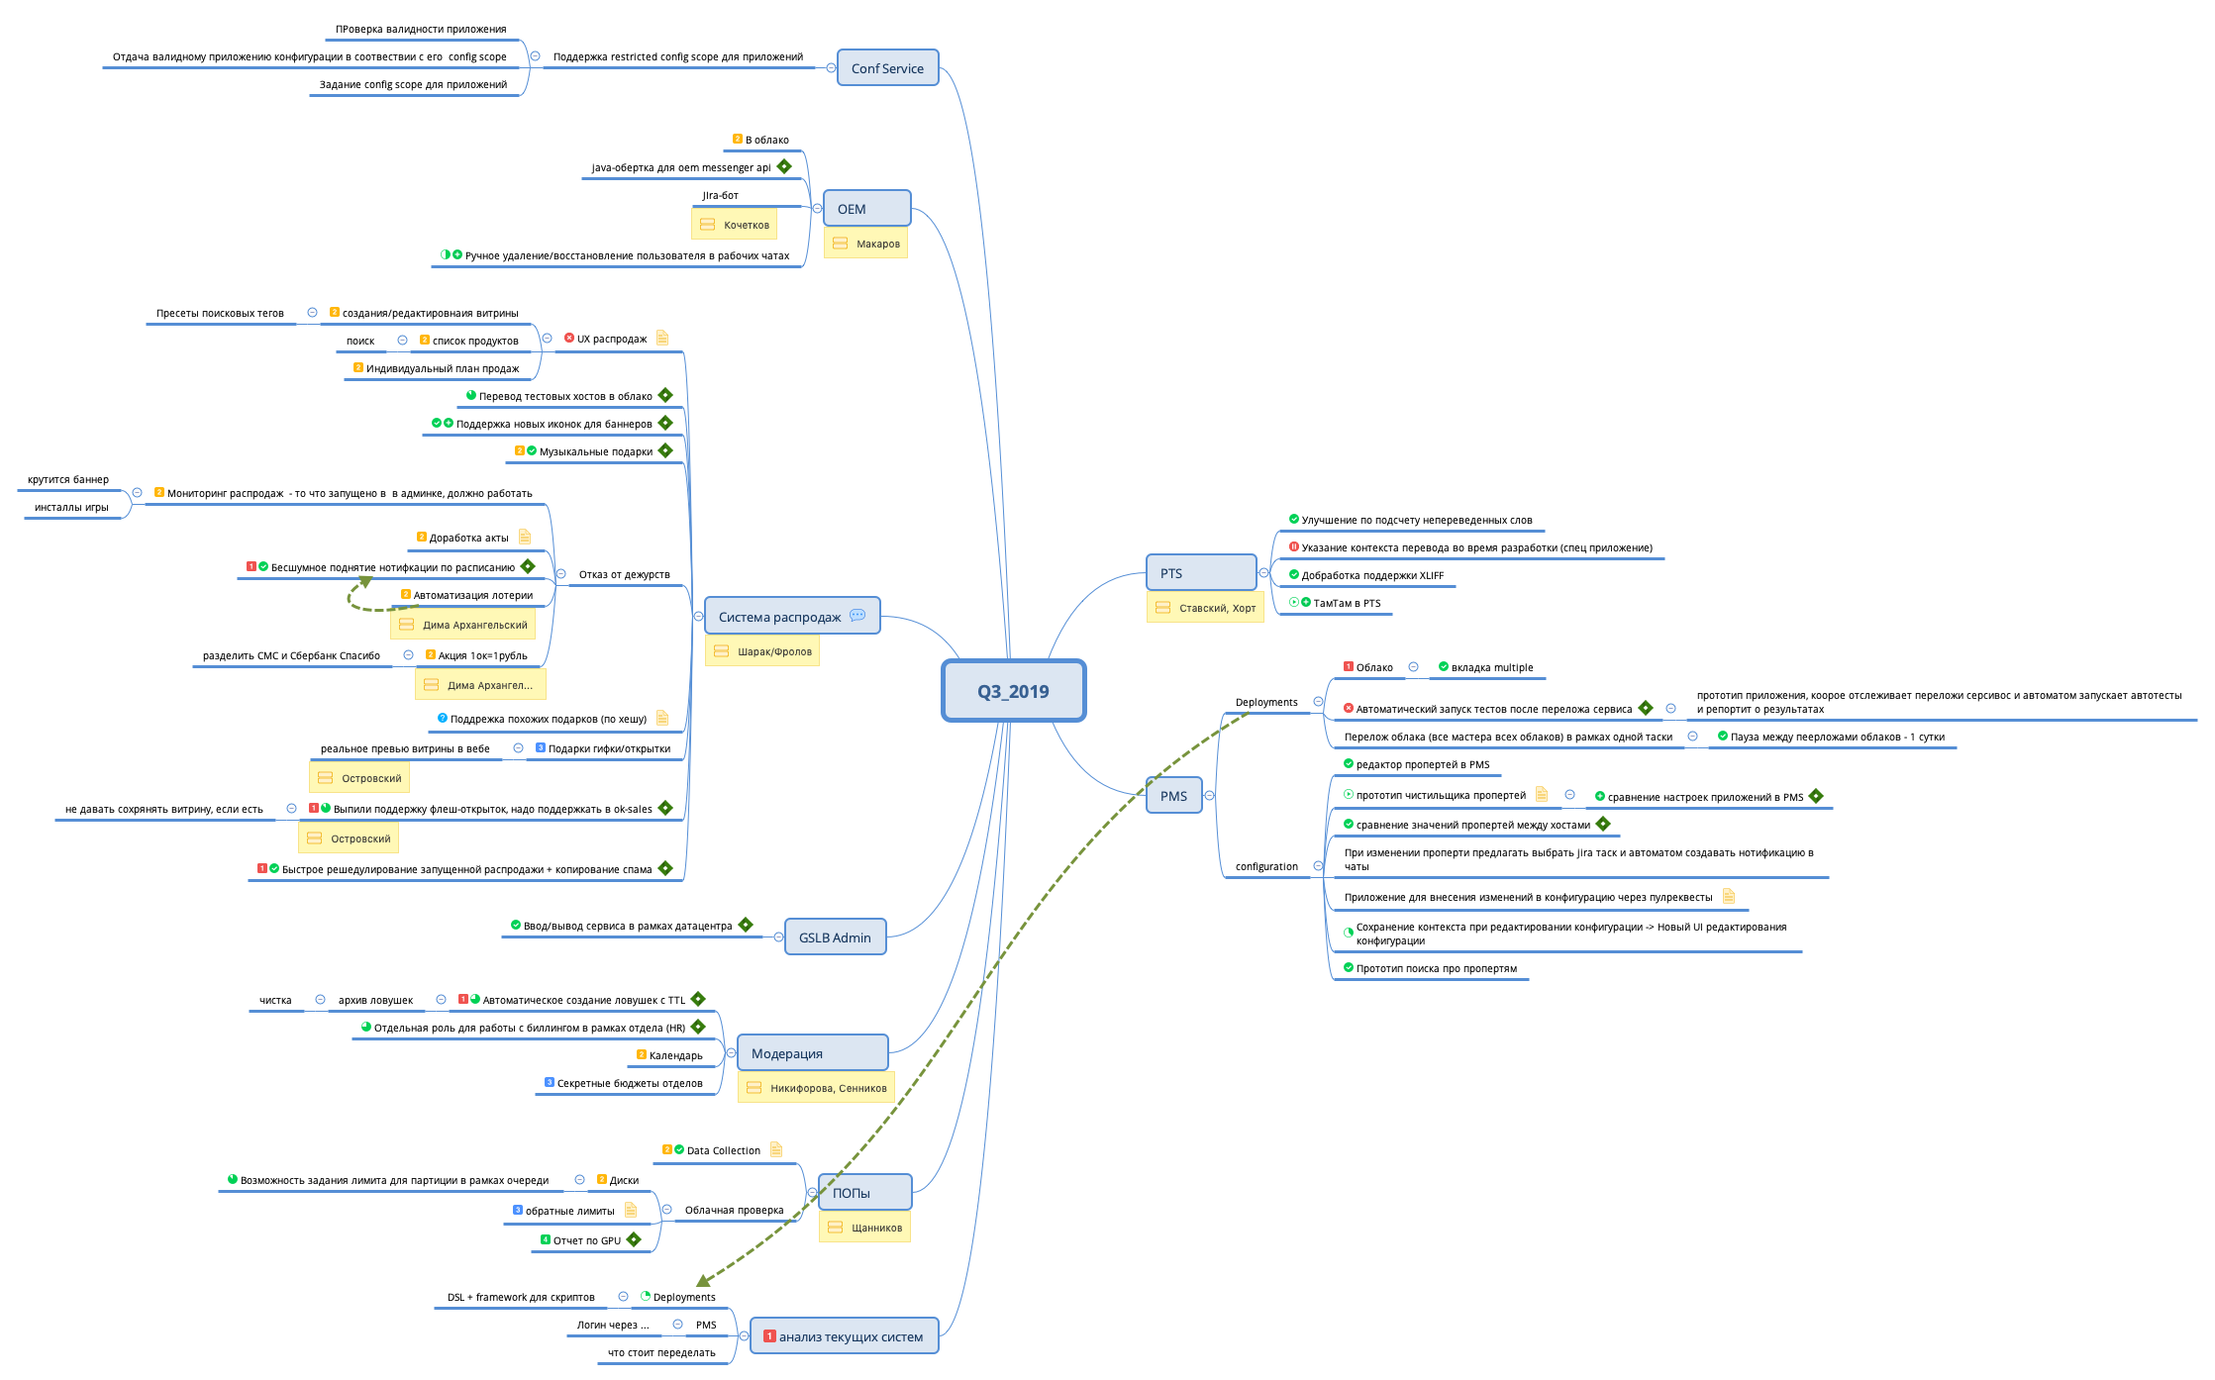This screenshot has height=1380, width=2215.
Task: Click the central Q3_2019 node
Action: click(1013, 691)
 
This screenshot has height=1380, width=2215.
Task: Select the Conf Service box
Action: click(887, 68)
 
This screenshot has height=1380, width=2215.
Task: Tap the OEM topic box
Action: click(866, 209)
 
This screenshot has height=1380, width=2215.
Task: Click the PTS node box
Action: click(1201, 573)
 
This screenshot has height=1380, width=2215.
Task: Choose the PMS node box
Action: click(1173, 796)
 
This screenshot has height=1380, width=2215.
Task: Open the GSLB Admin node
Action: click(835, 937)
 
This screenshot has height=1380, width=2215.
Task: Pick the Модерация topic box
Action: click(812, 1053)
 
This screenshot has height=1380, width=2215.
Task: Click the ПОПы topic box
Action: click(864, 1193)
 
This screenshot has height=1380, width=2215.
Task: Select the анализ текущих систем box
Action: click(844, 1336)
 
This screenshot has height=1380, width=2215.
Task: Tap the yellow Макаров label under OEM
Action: click(866, 244)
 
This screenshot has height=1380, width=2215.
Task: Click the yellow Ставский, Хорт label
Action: click(1205, 608)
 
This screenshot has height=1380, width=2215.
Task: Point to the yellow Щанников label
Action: click(864, 1228)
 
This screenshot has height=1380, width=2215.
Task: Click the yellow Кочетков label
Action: click(734, 225)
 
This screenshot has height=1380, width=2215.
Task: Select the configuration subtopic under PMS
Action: click(1266, 866)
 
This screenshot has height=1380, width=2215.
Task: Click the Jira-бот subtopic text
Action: click(720, 195)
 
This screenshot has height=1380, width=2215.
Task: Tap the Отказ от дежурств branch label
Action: click(624, 574)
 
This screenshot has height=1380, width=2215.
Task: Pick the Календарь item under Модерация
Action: click(675, 1055)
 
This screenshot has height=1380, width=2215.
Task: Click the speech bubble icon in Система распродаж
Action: click(857, 616)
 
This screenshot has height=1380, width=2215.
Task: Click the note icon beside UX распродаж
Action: click(662, 338)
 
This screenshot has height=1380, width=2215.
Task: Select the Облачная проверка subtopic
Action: click(734, 1210)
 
